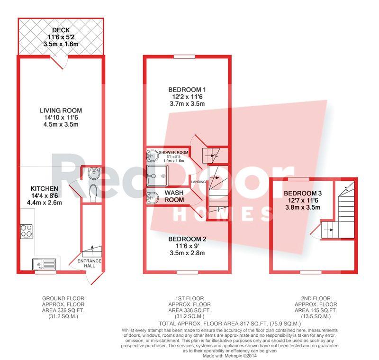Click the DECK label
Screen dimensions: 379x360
pyautogui.click(x=61, y=30)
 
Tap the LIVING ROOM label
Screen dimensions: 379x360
pyautogui.click(x=61, y=111)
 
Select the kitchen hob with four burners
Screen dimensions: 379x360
pyautogui.click(x=27, y=231)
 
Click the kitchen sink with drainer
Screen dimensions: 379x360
pyautogui.click(x=44, y=264)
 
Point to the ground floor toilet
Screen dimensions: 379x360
pyautogui.click(x=93, y=193)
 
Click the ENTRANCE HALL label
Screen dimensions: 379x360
pyautogui.click(x=90, y=263)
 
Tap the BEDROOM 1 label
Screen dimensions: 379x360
pyautogui.click(x=187, y=90)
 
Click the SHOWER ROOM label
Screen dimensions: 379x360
pyautogui.click(x=173, y=152)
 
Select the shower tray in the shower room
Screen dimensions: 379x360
pyautogui.click(x=157, y=175)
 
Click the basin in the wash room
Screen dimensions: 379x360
pyautogui.click(x=152, y=197)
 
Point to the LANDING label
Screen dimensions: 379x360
pyautogui.click(x=199, y=182)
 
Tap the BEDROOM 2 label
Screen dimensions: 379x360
pyautogui.click(x=187, y=239)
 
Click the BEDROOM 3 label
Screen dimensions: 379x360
pyautogui.click(x=303, y=194)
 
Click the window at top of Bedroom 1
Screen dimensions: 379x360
pyautogui.click(x=184, y=56)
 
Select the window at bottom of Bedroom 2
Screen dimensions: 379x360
pyautogui.click(x=187, y=272)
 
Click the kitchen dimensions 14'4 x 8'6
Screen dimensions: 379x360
pyautogui.click(x=44, y=195)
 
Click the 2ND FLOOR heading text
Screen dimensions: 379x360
pyautogui.click(x=316, y=298)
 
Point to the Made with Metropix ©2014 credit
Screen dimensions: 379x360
pyautogui.click(x=230, y=356)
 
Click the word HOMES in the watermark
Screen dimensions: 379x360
pyautogui.click(x=224, y=214)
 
